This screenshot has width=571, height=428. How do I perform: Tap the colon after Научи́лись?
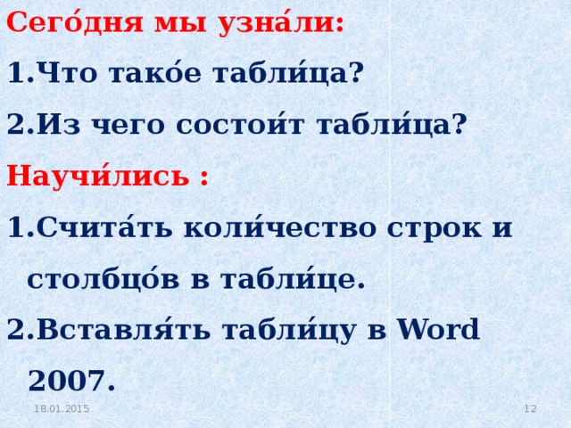(204, 177)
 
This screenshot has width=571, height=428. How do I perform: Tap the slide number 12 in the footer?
(529, 408)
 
